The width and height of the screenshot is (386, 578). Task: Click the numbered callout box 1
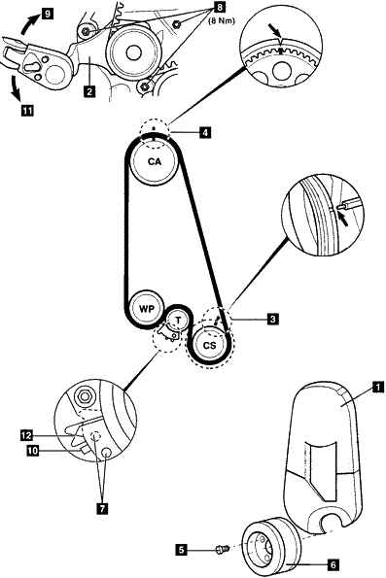[378, 387]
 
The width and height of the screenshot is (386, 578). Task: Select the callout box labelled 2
[89, 90]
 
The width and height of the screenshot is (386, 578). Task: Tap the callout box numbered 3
[273, 319]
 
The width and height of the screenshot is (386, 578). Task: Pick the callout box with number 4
[205, 132]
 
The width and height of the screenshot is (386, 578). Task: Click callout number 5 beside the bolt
[181, 550]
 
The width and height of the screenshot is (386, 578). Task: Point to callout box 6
[333, 564]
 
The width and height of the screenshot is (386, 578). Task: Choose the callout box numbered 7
[102, 509]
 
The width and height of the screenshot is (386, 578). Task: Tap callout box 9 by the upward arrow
[47, 14]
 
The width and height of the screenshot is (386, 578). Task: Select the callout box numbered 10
[33, 450]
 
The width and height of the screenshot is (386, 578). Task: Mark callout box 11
[27, 110]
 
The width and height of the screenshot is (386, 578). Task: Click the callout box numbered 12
[27, 436]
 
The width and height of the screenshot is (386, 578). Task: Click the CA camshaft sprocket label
[155, 161]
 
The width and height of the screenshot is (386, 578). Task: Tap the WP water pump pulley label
[146, 309]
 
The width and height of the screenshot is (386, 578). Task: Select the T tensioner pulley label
[179, 321]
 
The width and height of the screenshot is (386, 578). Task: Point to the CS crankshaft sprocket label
[209, 346]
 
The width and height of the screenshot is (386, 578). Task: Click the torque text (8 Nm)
[222, 20]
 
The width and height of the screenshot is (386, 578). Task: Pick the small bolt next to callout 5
[222, 549]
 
